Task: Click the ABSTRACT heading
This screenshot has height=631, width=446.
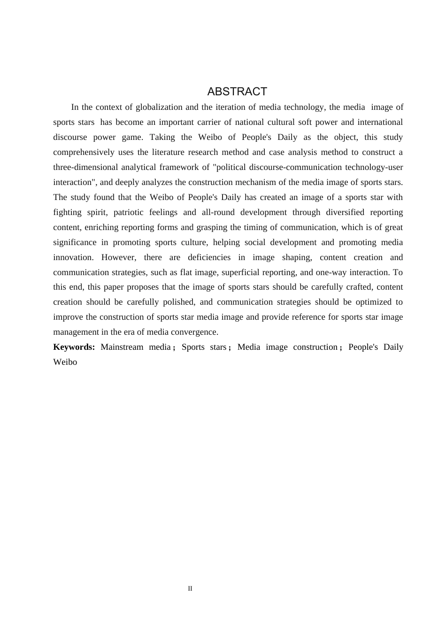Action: tap(237, 92)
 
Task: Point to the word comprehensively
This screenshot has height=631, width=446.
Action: tap(84, 152)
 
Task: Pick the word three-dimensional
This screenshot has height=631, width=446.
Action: tap(85, 167)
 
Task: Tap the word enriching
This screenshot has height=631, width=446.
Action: tap(103, 227)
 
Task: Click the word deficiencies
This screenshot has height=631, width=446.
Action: tap(209, 257)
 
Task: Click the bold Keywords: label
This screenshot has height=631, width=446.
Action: tap(74, 347)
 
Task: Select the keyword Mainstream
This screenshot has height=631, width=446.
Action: tap(122, 347)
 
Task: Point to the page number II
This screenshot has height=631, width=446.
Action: tap(190, 589)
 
